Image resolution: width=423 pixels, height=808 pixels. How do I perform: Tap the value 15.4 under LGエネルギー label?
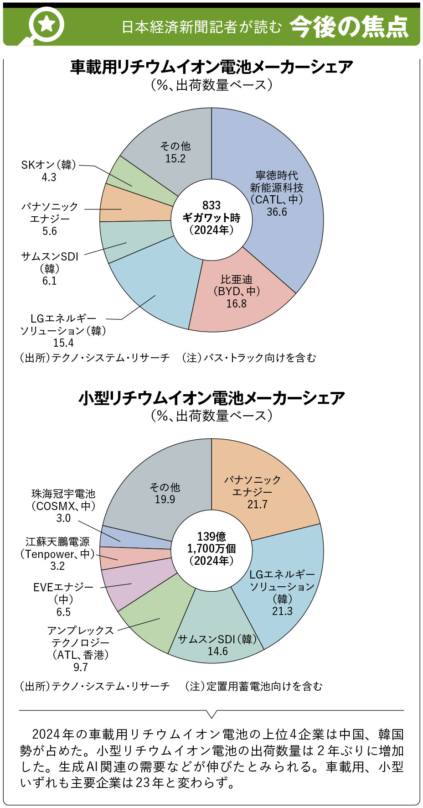pos(63,343)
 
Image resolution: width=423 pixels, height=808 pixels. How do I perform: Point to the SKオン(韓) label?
pos(49,165)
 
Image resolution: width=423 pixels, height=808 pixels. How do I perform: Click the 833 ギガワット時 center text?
pos(211,218)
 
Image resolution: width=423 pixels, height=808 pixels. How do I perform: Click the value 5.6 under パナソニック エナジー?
pos(50,231)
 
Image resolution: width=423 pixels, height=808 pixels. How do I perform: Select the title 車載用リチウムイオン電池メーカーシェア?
pos(211,67)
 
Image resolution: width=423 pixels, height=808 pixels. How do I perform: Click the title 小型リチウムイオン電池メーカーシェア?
pos(211,398)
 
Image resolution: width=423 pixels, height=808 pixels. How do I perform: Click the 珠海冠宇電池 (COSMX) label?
pos(63,500)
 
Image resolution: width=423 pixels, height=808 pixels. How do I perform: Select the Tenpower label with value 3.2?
pos(57,553)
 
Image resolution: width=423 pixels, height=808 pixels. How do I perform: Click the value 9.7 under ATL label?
pos(80,667)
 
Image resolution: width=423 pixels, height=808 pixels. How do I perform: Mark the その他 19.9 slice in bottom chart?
pos(165,493)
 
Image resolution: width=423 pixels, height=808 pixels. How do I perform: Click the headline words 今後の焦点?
pos(349,26)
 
